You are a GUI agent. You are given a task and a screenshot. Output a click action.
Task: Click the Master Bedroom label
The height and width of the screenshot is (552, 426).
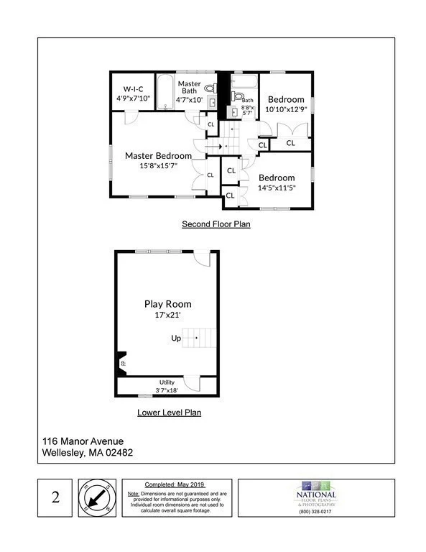[x=158, y=155]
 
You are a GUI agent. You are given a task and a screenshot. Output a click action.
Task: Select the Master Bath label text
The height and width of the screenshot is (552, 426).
[x=190, y=87]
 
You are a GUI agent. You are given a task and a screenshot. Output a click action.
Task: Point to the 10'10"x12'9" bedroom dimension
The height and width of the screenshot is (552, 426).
[x=287, y=109]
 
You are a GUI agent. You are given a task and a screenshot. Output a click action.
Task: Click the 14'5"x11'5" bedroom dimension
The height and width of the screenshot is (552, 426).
[x=277, y=188]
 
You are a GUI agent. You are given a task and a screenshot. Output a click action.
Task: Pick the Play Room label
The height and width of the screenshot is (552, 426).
[x=167, y=303]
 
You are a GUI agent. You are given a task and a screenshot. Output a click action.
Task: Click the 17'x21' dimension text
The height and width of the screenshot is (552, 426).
[x=167, y=315]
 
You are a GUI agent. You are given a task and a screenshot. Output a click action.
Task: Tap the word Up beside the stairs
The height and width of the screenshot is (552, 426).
[x=176, y=338]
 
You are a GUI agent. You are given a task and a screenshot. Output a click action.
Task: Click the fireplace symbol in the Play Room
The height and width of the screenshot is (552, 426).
[x=121, y=363]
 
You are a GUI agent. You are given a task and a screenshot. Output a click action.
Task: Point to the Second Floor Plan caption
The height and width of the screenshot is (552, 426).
[x=216, y=224]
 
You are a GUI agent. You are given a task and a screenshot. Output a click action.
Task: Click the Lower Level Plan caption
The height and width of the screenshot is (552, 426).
[x=169, y=413]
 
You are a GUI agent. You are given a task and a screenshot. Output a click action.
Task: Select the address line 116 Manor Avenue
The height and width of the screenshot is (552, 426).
[x=83, y=441]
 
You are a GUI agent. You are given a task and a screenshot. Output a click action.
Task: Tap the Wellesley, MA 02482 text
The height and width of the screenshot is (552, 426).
[x=87, y=452]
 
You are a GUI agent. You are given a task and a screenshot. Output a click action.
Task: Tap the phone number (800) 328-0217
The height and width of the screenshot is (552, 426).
[x=316, y=511]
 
